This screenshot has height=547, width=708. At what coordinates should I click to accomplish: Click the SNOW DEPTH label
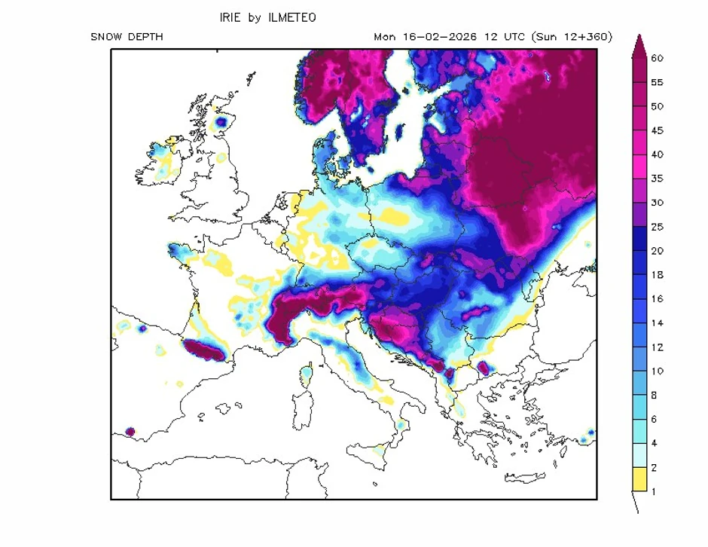coord(126,37)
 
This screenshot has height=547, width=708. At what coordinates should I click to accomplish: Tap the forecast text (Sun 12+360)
coord(572,37)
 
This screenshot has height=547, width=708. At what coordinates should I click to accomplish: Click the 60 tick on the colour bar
coord(656,58)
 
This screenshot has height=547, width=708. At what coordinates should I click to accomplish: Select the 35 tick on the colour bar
coord(656,179)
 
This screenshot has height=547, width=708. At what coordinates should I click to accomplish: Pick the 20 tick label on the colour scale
coord(656,251)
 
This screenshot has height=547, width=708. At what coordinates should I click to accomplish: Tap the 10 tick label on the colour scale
coord(656,371)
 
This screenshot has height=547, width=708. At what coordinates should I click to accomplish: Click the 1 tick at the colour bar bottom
coord(653,491)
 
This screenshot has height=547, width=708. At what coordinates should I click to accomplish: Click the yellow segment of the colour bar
coord(639,479)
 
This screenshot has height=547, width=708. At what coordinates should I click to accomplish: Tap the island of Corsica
coord(307,374)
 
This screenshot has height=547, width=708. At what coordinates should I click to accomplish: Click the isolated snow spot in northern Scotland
coord(221,121)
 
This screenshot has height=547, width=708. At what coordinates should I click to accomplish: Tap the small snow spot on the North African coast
coord(130,432)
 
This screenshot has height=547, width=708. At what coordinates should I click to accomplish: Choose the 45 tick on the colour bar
coord(656,130)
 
